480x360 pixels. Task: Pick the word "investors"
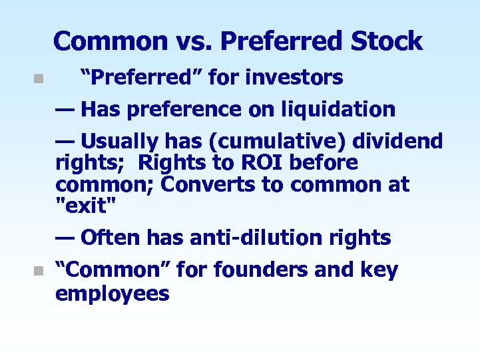coord(294,78)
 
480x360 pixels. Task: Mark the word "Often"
coord(111,238)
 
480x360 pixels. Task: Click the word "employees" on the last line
coord(113,293)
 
